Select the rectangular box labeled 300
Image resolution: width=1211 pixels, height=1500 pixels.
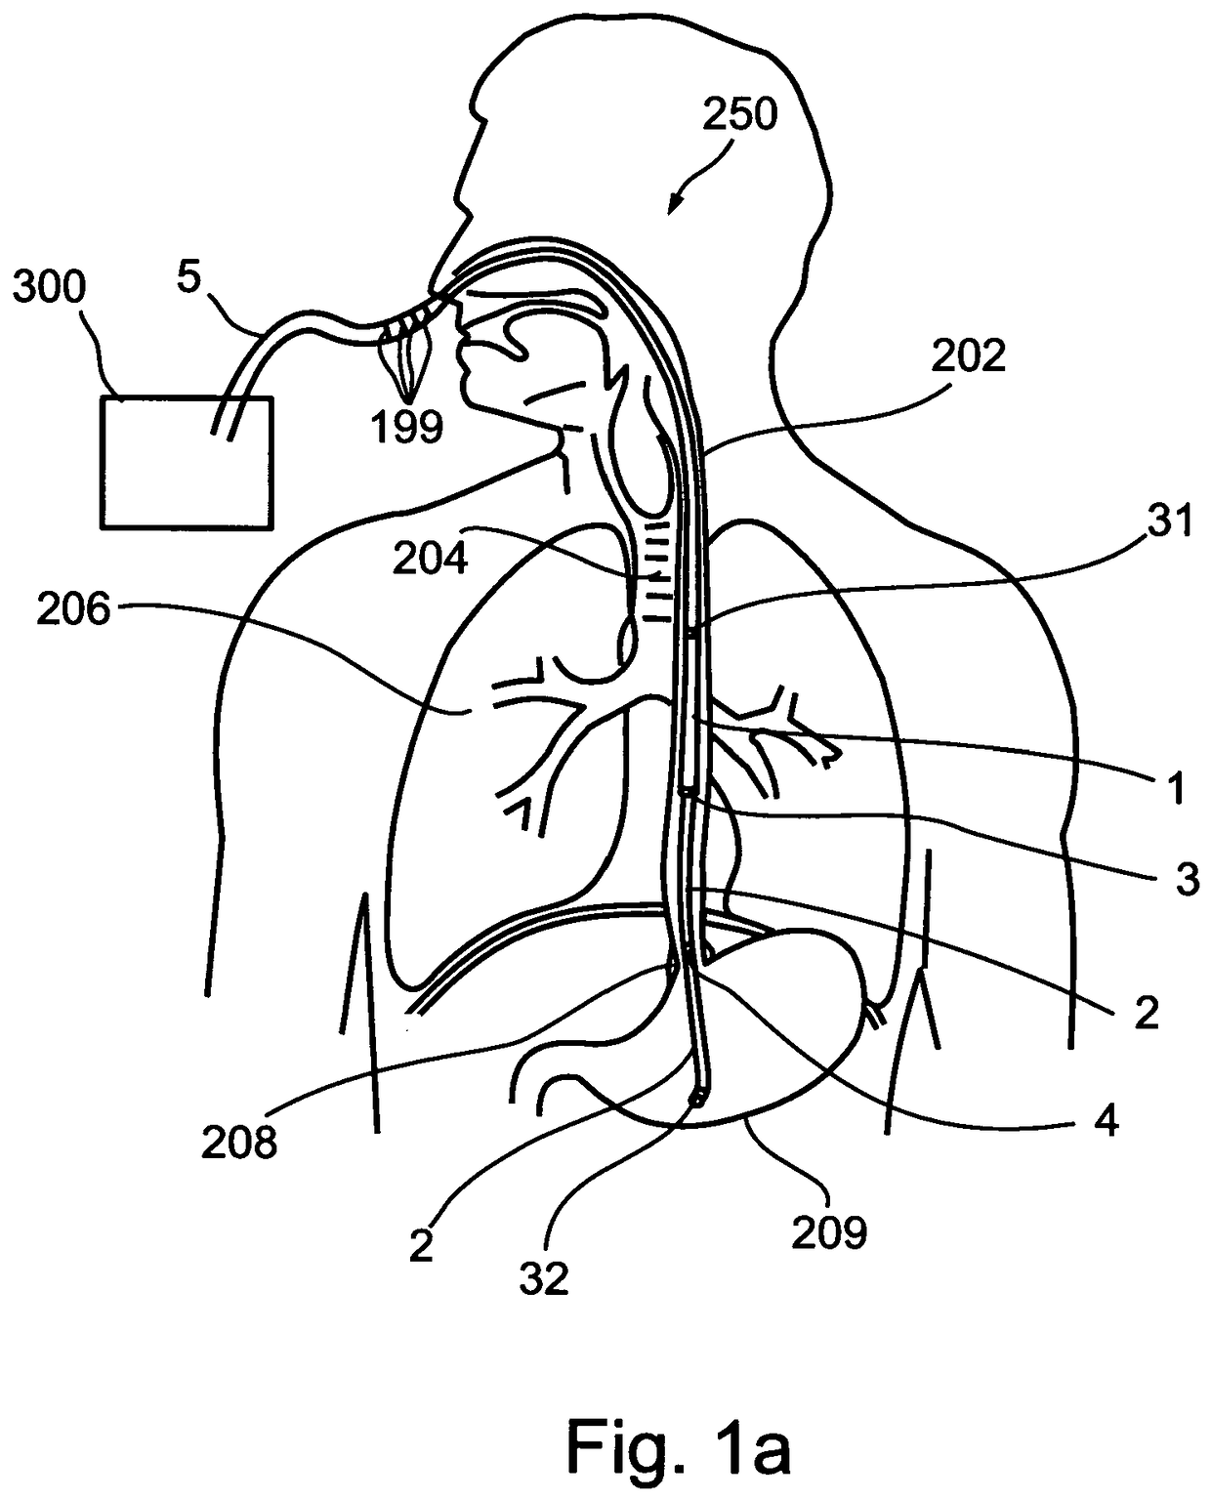click(187, 462)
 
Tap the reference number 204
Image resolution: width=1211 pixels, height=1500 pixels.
click(431, 559)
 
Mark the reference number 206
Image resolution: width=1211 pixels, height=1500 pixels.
click(74, 610)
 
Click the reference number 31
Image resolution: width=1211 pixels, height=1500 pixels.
click(1170, 522)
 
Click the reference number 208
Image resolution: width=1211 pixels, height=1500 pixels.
click(239, 1140)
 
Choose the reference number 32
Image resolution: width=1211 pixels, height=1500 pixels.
click(544, 1276)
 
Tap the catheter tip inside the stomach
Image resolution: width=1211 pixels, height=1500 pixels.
click(696, 1101)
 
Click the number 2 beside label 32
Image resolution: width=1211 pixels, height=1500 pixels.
click(421, 1246)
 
